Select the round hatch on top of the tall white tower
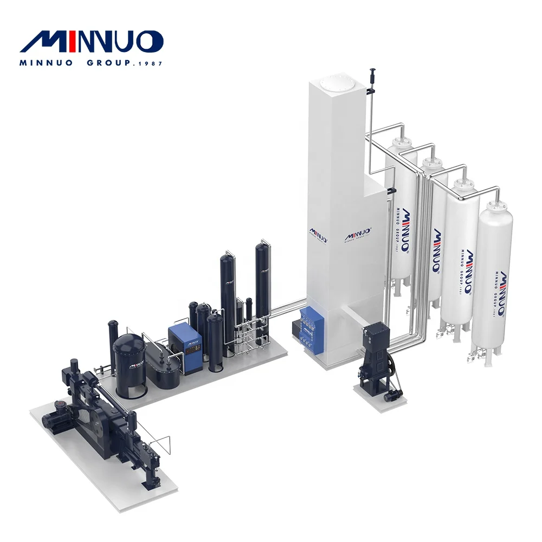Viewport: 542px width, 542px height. [x=332, y=83]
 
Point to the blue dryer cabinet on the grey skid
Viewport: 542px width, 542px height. [x=185, y=348]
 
